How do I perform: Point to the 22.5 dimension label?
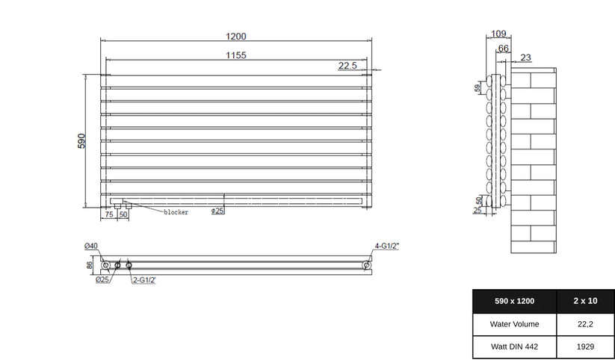[x=348, y=66]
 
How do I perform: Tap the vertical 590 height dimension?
[x=82, y=141]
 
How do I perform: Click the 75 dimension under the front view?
[x=109, y=214]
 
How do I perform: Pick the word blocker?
[x=176, y=212]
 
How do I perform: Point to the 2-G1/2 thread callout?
[x=143, y=280]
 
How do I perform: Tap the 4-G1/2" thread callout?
[x=389, y=246]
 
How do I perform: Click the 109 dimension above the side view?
[x=500, y=33]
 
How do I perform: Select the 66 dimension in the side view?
[x=504, y=49]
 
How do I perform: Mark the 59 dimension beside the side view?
[x=478, y=88]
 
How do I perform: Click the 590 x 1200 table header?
[x=515, y=300]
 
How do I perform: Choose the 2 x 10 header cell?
[x=586, y=300]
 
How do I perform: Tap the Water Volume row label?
[x=514, y=324]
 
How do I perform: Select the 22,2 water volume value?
[x=586, y=324]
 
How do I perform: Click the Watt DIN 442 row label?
[x=514, y=347]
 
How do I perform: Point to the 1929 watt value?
[x=586, y=347]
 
